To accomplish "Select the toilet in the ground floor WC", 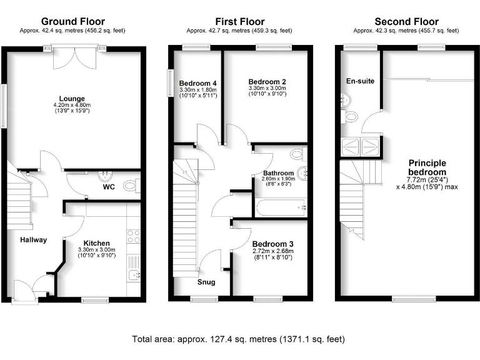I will [x=131, y=185].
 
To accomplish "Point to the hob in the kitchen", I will [x=134, y=236].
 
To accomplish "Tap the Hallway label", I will [x=33, y=239].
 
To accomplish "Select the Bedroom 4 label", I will [x=197, y=83].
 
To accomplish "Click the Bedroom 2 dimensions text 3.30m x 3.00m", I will [x=267, y=89].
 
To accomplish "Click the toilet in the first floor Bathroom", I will [x=297, y=153].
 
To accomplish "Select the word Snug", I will [x=206, y=282].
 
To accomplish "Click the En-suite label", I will [x=360, y=81].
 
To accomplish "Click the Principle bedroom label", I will [x=427, y=167].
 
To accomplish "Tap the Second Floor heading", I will [x=406, y=21].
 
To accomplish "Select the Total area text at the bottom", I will [x=238, y=339].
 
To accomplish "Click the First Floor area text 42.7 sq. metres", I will [x=240, y=30].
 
